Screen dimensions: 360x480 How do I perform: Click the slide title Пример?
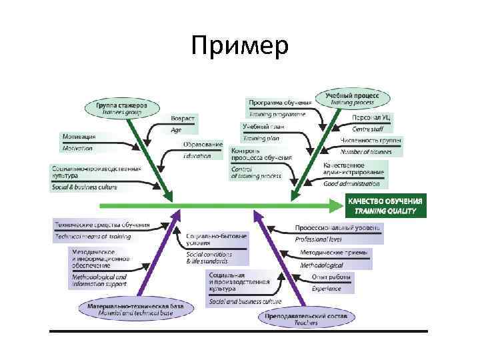click(x=239, y=46)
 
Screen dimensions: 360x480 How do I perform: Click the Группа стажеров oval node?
click(x=121, y=107)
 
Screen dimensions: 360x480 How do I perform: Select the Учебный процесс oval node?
click(x=352, y=99)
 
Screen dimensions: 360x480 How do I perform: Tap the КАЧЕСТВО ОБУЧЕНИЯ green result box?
click(x=385, y=205)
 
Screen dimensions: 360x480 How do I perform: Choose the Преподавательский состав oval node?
click(x=307, y=318)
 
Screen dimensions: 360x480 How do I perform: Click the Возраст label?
click(x=183, y=119)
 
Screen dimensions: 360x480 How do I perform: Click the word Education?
click(x=197, y=156)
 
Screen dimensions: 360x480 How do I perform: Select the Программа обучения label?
click(x=279, y=103)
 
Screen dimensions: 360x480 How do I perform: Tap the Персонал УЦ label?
click(x=371, y=117)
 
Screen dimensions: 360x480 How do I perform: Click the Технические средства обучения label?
click(x=101, y=224)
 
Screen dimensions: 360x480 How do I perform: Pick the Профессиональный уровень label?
click(x=339, y=227)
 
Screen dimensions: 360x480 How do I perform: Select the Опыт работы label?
click(x=332, y=277)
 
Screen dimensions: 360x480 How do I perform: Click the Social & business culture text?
click(x=85, y=187)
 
